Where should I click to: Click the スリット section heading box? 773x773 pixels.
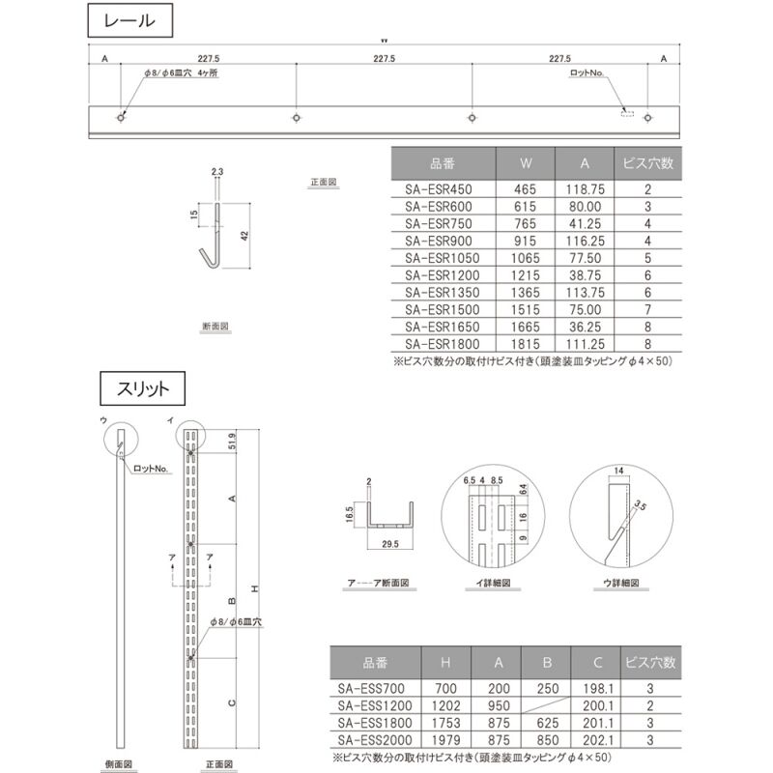click(x=136, y=388)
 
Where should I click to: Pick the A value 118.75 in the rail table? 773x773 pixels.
click(x=584, y=189)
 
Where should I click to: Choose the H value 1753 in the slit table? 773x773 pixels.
click(x=444, y=722)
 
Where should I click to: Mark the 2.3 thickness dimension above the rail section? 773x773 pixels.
click(x=217, y=171)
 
